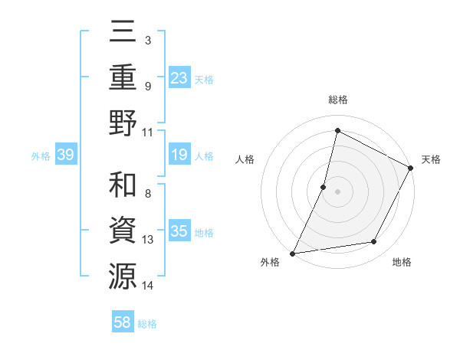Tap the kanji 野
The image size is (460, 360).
click(123, 123)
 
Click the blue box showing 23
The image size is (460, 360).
click(179, 78)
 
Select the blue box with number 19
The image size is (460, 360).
click(179, 155)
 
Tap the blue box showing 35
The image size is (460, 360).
click(179, 232)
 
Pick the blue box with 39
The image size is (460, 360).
click(66, 155)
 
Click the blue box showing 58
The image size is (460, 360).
click(123, 322)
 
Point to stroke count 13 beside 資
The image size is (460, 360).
click(148, 240)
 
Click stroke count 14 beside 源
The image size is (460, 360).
click(148, 285)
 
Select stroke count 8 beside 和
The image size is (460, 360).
click(147, 194)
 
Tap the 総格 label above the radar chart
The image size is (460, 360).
click(337, 100)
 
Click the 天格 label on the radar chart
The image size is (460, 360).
click(431, 159)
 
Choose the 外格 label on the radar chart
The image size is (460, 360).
click(270, 263)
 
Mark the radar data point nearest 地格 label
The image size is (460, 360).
click(374, 242)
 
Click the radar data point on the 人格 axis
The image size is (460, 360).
click(324, 187)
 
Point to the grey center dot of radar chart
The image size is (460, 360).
click(337, 191)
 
